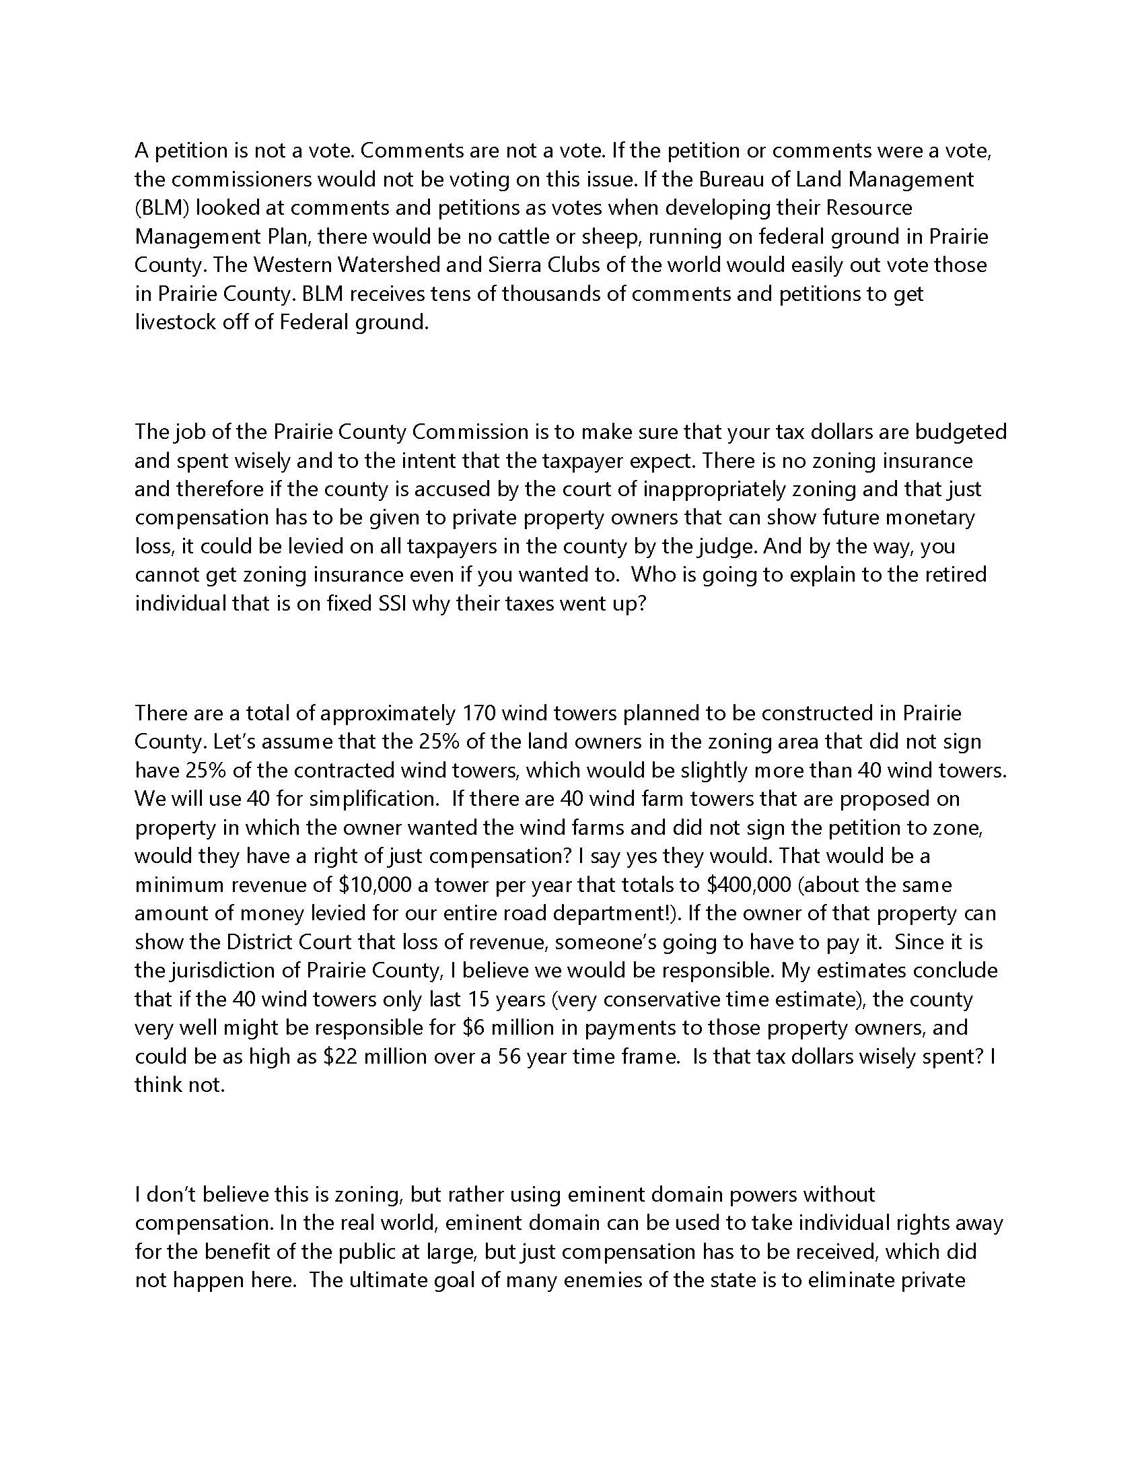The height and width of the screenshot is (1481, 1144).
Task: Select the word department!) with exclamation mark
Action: [627, 914]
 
